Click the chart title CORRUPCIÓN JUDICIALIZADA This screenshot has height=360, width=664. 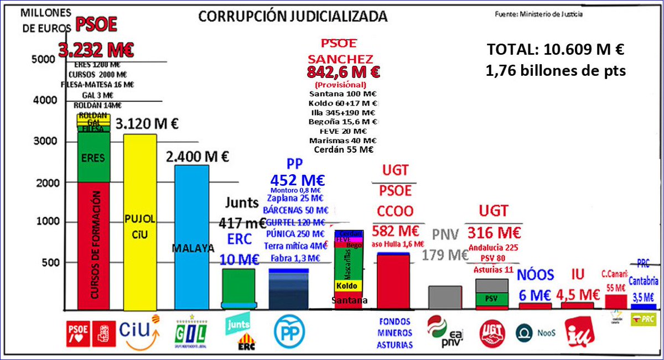[293, 17]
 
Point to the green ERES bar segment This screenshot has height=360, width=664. [94, 158]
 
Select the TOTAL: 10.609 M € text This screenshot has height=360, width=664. [555, 50]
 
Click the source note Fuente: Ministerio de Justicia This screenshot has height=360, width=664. [538, 14]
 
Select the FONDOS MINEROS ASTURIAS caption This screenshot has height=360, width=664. [395, 333]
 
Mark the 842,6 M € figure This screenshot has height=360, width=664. [343, 72]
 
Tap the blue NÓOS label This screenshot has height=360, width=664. [536, 274]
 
